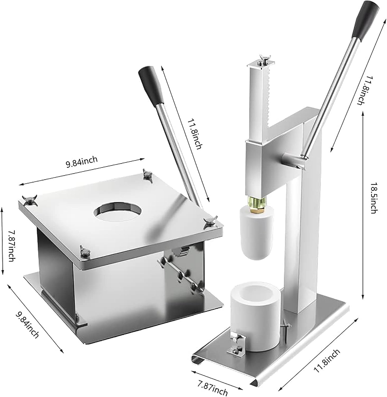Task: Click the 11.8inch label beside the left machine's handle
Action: [195, 130]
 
